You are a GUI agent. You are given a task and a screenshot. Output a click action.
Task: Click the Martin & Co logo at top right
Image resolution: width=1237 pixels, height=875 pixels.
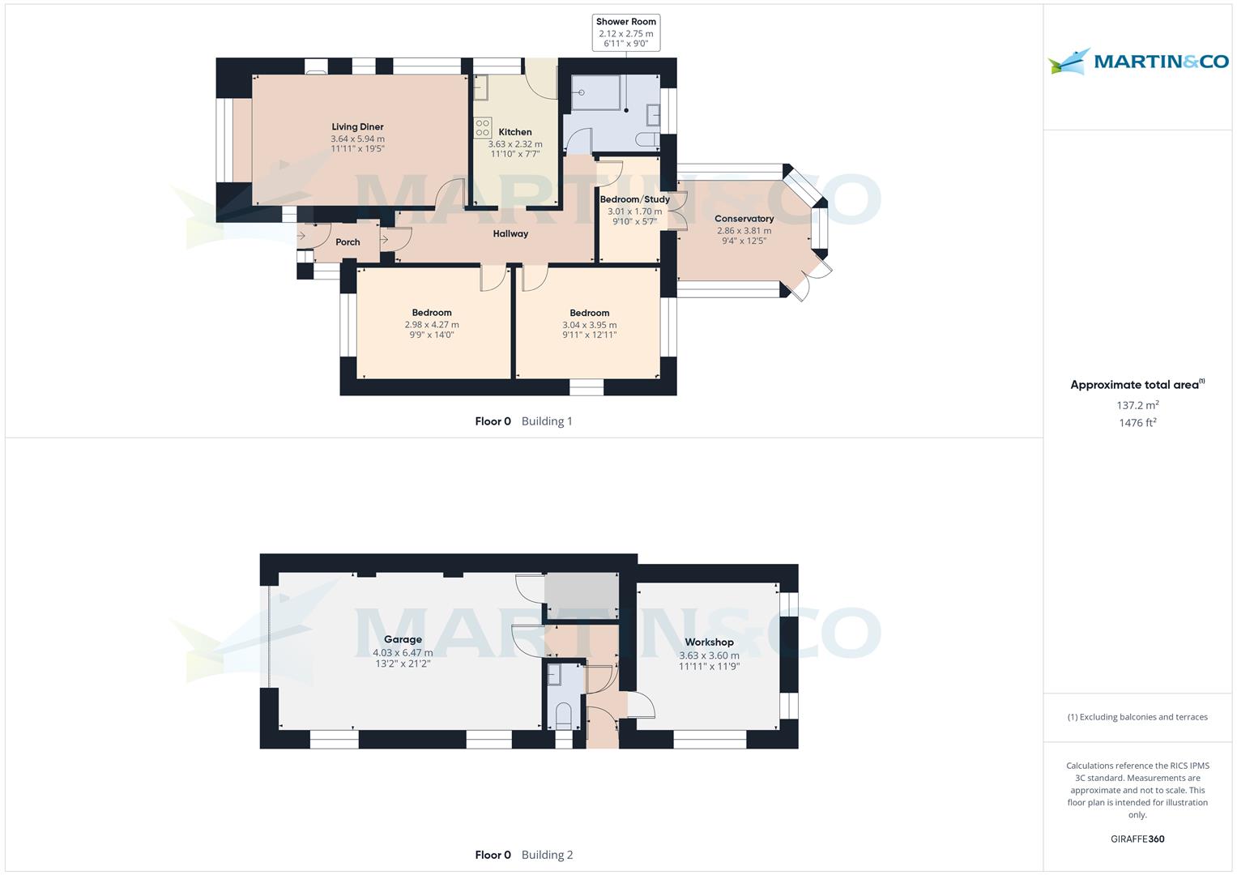[x=1137, y=62]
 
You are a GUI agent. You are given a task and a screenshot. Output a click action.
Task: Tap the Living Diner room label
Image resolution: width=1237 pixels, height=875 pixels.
[x=357, y=127]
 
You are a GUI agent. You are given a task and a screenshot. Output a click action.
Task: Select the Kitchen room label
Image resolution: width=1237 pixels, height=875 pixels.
[x=515, y=132]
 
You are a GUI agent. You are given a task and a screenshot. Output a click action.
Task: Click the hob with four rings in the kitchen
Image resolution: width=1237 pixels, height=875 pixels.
[x=483, y=128]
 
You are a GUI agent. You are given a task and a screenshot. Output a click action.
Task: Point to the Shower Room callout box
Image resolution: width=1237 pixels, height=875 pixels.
[x=625, y=32]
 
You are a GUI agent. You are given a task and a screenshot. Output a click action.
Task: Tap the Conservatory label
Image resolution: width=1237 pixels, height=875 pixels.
[x=744, y=219]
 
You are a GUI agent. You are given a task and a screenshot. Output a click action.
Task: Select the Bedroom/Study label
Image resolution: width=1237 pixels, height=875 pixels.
[x=634, y=199]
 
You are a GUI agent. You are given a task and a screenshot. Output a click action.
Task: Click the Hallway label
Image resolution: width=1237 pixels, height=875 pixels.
[x=510, y=234]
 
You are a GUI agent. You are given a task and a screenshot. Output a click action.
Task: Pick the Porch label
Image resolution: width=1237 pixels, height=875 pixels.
[x=348, y=242]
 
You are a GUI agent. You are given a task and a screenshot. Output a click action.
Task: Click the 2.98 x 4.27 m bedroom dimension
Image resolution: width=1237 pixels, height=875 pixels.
[x=432, y=325]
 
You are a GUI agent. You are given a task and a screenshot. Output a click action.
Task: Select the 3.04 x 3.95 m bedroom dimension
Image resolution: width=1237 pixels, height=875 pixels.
[x=589, y=325]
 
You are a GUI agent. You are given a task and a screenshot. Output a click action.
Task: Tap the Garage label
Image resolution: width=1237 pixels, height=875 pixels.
[x=403, y=640]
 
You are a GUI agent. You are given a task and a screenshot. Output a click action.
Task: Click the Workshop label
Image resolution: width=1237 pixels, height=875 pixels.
[x=709, y=642]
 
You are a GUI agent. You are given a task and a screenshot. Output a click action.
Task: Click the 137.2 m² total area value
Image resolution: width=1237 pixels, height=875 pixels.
[x=1137, y=405]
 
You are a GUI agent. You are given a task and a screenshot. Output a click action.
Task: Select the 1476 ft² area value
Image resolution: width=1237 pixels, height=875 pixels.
[x=1137, y=423]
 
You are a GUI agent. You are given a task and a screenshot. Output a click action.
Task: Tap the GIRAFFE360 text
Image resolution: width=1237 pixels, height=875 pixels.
[x=1137, y=839]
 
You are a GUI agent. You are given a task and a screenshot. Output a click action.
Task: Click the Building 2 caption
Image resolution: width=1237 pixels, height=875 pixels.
[x=547, y=855]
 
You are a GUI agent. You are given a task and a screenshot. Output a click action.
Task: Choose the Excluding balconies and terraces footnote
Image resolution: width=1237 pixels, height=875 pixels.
[x=1137, y=717]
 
